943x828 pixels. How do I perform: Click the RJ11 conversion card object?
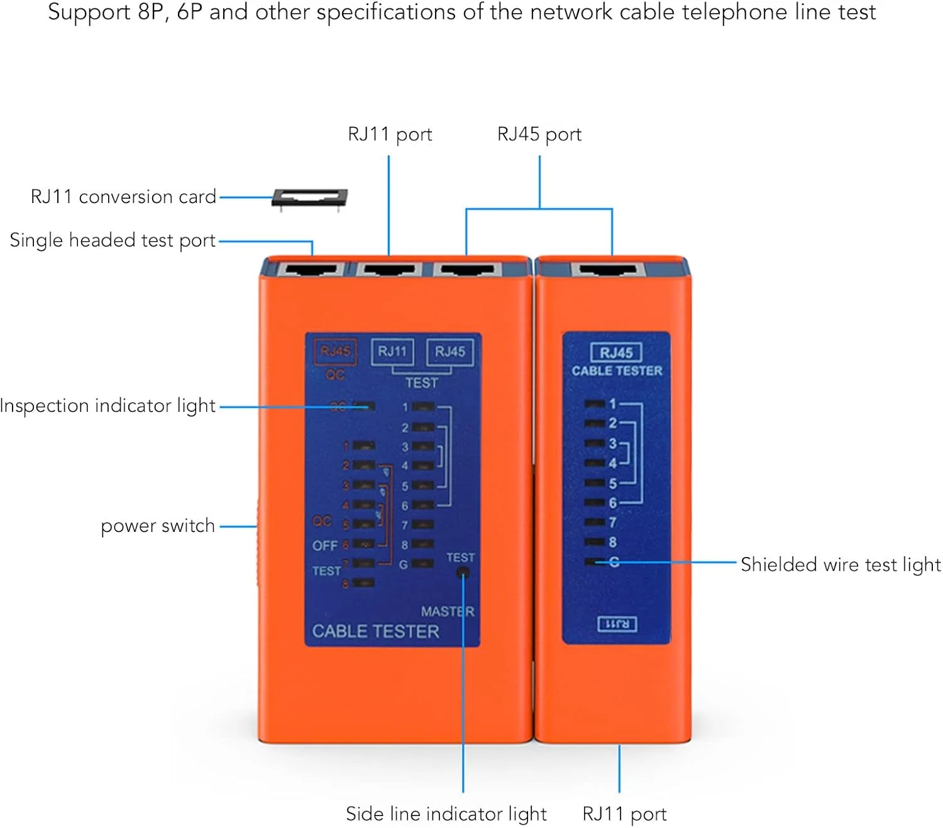[x=309, y=198]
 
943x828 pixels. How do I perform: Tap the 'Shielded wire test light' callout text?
[x=841, y=565]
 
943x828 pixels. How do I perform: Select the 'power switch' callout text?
[x=158, y=526]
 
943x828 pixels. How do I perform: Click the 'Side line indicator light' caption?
[x=446, y=814]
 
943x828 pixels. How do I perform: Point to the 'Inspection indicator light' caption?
[x=108, y=406]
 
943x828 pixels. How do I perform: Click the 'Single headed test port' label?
[x=113, y=240]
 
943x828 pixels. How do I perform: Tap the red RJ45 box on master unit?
[x=335, y=351]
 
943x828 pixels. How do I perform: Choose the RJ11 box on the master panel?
[x=392, y=351]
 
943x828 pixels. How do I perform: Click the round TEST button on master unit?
[x=463, y=573]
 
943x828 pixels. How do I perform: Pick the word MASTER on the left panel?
[x=448, y=611]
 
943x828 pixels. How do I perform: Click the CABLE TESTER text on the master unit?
[x=375, y=631]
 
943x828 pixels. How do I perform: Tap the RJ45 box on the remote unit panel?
[x=616, y=353]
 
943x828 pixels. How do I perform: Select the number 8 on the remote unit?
[x=613, y=542]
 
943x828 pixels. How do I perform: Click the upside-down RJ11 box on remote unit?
[x=617, y=624]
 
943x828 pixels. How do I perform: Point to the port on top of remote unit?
[x=608, y=270]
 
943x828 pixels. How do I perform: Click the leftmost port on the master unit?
[x=312, y=270]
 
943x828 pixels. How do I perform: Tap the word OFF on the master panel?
[x=325, y=546]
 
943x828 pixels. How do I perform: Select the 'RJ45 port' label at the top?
[x=539, y=135]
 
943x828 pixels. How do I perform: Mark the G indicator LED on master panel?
[x=423, y=565]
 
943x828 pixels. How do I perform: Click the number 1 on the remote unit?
[x=613, y=404]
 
